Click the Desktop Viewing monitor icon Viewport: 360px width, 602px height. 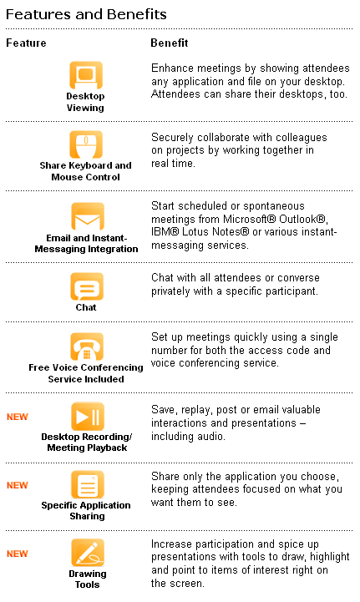tap(86, 75)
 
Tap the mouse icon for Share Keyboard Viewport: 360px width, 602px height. tap(86, 144)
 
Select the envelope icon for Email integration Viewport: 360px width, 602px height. tap(88, 216)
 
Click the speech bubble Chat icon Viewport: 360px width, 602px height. tap(87, 286)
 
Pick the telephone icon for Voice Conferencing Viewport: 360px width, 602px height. tap(87, 347)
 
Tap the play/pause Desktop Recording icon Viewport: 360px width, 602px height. tap(88, 416)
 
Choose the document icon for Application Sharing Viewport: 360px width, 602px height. tap(88, 484)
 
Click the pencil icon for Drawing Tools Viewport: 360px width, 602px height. tap(88, 553)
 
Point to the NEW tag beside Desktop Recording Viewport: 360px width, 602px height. tap(18, 417)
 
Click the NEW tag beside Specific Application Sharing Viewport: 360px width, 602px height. tap(18, 485)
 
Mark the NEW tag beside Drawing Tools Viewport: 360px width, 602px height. tap(18, 554)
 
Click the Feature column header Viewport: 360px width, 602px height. tap(26, 43)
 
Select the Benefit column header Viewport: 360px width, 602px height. tap(170, 43)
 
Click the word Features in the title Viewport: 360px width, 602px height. tap(38, 14)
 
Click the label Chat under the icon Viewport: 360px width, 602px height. tap(86, 307)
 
